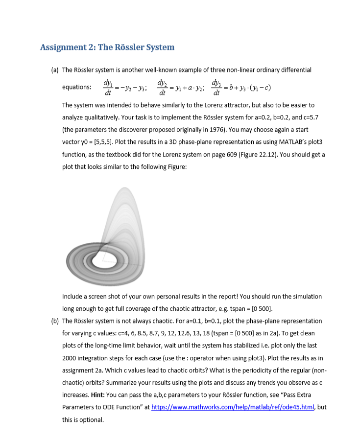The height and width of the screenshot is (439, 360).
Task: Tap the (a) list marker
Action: point(55,70)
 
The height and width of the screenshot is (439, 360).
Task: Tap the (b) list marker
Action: point(55,321)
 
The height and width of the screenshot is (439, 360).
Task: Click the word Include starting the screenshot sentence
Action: point(73,297)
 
